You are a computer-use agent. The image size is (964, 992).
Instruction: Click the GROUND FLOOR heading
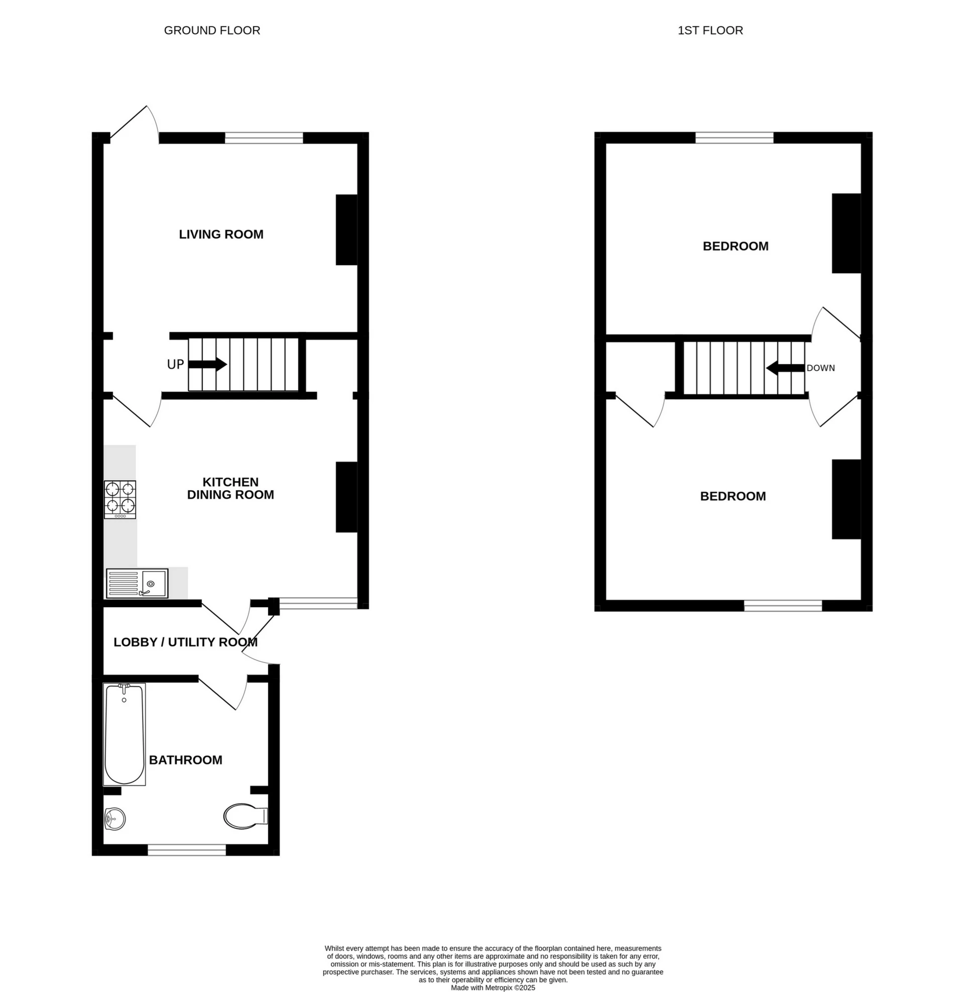tap(212, 30)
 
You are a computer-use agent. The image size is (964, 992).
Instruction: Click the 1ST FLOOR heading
tap(710, 30)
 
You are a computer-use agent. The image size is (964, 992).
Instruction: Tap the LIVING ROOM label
tap(221, 235)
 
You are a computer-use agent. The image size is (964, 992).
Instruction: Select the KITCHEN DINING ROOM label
tap(230, 488)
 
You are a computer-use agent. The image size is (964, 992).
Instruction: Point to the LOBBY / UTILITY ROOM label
tap(185, 642)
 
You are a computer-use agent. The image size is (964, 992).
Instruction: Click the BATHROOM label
tap(185, 759)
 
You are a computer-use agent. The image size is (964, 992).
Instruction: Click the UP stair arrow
tap(207, 364)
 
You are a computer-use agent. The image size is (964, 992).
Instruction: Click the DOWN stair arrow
tap(785, 368)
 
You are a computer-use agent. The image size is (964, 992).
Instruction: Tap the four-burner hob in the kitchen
tap(120, 499)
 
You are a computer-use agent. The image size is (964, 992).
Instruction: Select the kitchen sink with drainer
tap(137, 583)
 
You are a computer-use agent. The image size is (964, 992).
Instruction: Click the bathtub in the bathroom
tap(124, 734)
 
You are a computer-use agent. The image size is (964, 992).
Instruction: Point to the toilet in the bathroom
tap(246, 816)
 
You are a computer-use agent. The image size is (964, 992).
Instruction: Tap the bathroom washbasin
tap(114, 819)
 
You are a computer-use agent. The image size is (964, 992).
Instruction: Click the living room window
tap(264, 138)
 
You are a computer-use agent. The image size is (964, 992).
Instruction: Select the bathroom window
tap(186, 850)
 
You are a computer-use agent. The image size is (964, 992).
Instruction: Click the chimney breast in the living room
tap(347, 230)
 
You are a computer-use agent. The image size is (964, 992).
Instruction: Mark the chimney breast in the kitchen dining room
tap(347, 497)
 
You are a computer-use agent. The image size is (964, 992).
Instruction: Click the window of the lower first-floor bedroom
tap(783, 606)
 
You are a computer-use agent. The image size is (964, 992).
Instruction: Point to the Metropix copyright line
tap(493, 987)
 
